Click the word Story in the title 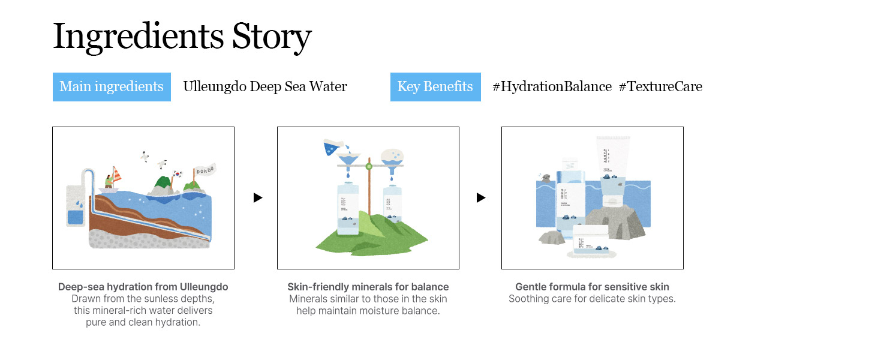272,37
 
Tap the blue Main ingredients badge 112,87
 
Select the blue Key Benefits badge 435,87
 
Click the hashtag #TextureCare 660,86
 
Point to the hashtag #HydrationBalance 552,86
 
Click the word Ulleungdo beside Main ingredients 215,86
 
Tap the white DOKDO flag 205,170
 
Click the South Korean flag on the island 178,173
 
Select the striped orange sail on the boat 117,175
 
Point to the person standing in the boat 109,182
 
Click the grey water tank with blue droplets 76,206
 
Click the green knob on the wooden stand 369,167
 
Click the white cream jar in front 591,241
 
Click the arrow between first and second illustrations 257,197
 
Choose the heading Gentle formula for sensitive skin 593,287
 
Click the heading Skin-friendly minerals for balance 368,287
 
